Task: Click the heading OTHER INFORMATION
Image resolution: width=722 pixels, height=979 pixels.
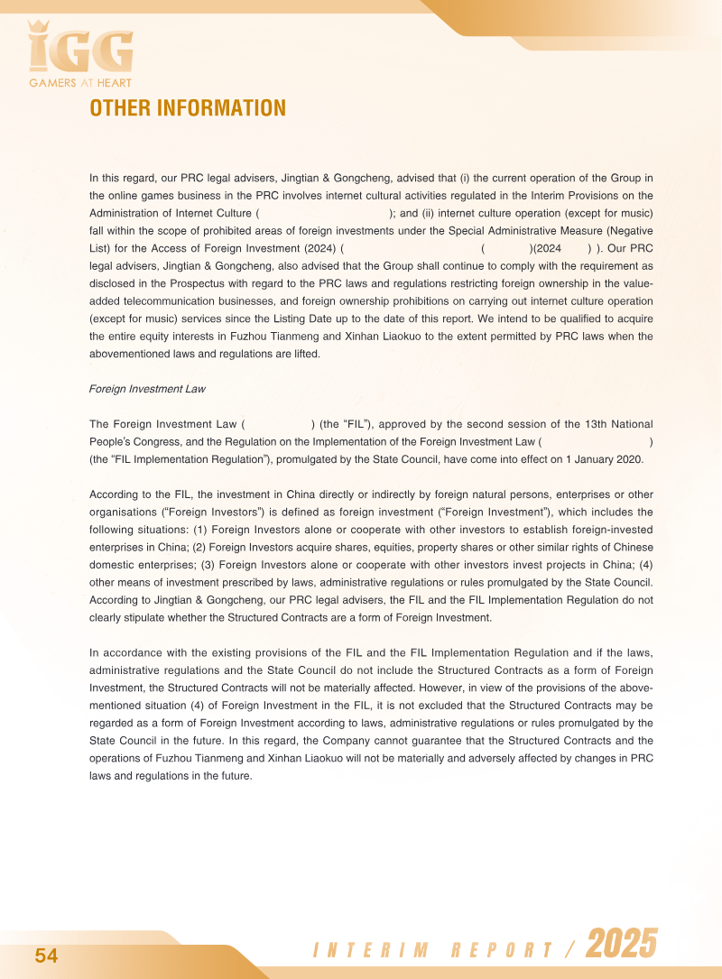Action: (188, 108)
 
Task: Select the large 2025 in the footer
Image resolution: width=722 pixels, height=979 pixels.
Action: (622, 945)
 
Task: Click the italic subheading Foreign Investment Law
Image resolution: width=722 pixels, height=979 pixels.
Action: (147, 389)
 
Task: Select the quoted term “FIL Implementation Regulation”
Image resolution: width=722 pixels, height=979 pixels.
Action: (179, 458)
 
